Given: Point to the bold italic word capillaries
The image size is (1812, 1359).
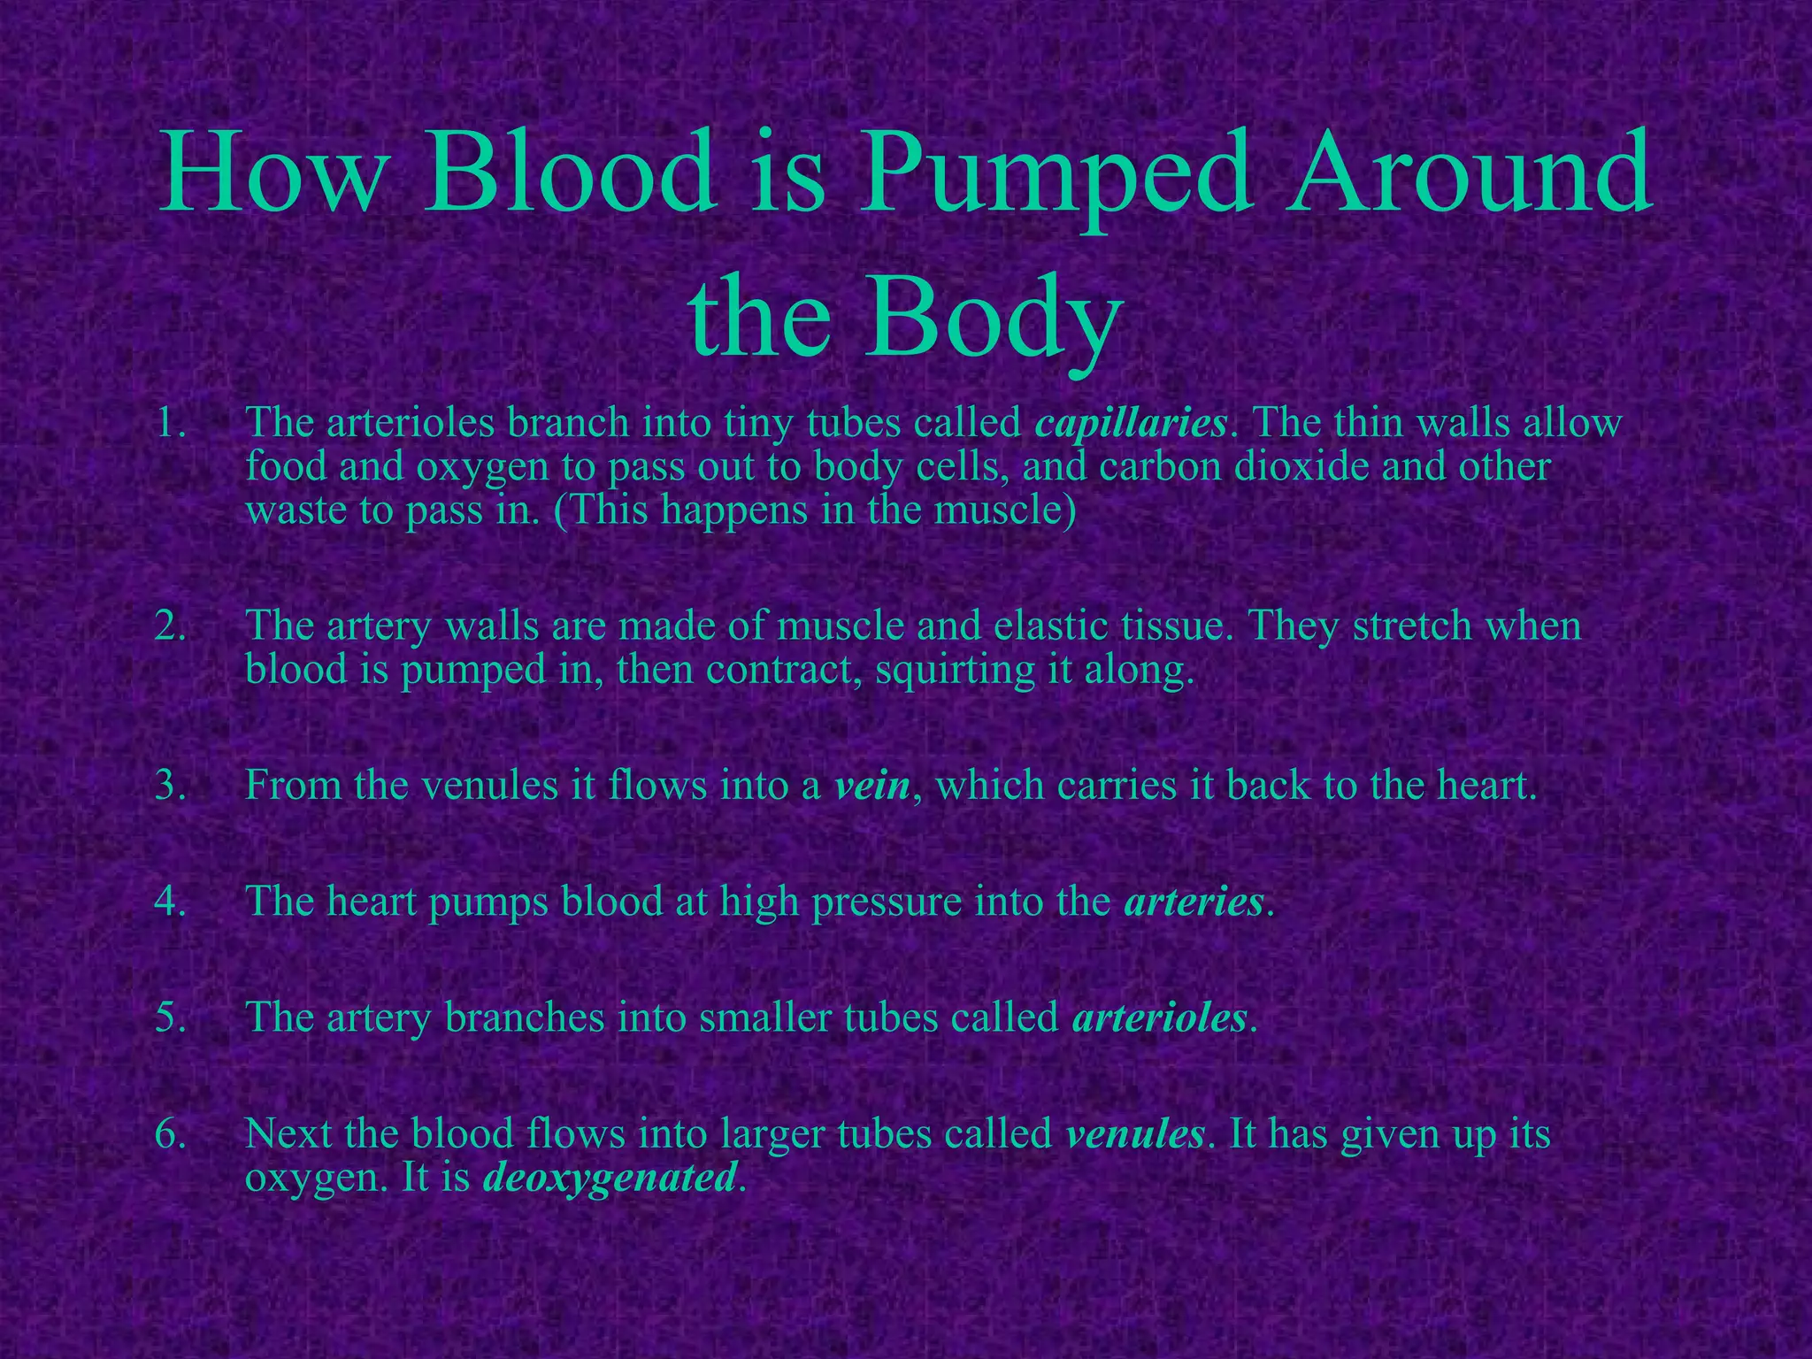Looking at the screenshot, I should click(x=1131, y=425).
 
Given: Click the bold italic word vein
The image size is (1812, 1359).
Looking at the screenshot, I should click(x=872, y=786).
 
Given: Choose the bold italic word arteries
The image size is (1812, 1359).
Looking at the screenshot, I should click(x=1194, y=902).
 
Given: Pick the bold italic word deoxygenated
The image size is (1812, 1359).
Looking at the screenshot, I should click(x=610, y=1178).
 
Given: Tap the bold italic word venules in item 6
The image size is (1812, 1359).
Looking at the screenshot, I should click(x=1135, y=1134).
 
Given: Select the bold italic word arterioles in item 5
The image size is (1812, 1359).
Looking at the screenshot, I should click(x=1159, y=1017).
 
